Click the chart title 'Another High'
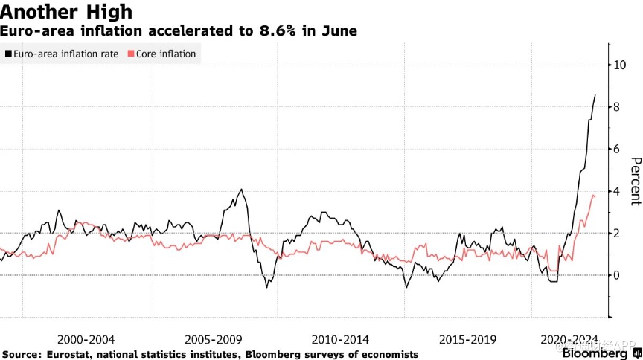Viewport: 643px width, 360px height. (x=67, y=13)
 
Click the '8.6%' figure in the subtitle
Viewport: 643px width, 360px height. (x=279, y=31)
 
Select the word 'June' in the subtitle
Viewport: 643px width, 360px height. (x=339, y=31)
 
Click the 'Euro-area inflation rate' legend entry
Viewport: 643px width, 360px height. (x=64, y=54)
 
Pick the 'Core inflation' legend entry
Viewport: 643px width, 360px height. (x=166, y=54)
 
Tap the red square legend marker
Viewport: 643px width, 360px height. (x=132, y=54)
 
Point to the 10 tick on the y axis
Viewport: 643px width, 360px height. (x=617, y=65)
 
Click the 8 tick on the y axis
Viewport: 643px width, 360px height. (x=615, y=107)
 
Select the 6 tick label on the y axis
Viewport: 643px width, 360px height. (x=615, y=149)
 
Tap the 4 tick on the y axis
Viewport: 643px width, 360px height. (x=615, y=191)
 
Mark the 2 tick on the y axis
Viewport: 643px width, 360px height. (x=615, y=233)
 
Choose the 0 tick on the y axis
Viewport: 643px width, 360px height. (x=615, y=275)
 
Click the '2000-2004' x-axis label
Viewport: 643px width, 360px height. (x=86, y=338)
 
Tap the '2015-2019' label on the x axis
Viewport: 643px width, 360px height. (x=469, y=338)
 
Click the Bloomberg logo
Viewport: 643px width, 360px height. (x=598, y=352)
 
